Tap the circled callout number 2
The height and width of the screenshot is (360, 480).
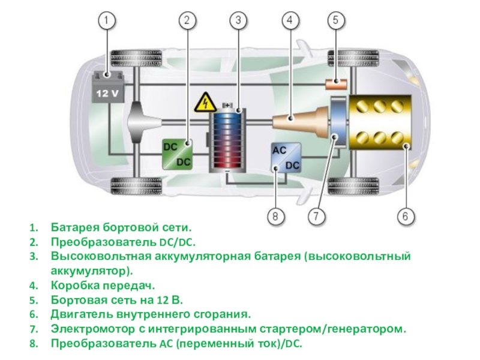187,21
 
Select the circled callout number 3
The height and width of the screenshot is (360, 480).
238,21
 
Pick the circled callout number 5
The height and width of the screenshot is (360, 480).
335,21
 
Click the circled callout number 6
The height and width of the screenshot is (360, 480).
405,215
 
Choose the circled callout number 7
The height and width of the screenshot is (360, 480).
316,215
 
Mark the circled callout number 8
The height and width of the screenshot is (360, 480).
275,215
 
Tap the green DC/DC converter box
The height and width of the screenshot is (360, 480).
177,154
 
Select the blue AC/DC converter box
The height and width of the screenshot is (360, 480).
286,158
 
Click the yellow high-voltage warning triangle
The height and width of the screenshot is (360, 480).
205,103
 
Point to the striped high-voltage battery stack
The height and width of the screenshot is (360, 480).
228,139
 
